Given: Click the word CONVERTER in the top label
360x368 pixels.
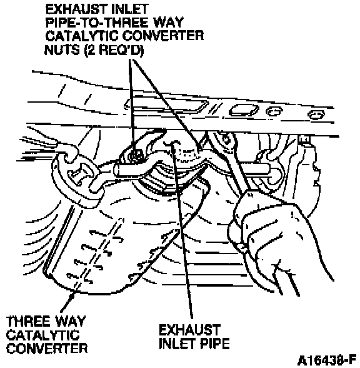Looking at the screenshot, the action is tap(163, 36).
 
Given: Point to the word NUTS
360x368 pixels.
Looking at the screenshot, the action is tap(62, 49).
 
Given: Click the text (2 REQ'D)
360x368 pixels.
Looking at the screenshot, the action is tap(114, 50).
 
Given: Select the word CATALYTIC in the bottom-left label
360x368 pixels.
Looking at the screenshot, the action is tap(43, 335).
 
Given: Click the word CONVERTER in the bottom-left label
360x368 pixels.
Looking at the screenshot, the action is tap(47, 348).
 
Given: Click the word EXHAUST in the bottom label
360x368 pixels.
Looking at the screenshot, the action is tap(189, 330).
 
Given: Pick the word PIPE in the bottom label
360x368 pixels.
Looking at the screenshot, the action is tap(215, 344).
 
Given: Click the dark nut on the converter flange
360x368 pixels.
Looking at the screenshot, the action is tap(135, 155).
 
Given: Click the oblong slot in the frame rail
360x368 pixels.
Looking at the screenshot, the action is tap(244, 110).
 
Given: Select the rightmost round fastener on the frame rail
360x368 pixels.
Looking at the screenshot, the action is tap(316, 115).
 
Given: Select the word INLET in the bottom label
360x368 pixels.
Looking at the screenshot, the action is tap(177, 344).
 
